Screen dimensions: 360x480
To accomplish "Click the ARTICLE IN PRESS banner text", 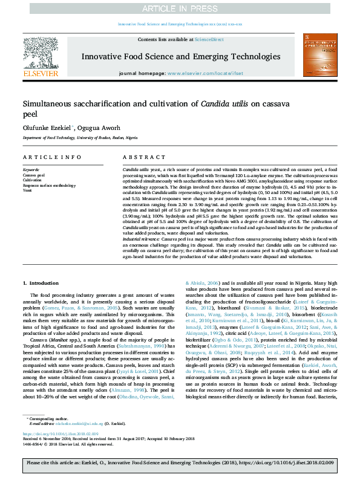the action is [x=180, y=8].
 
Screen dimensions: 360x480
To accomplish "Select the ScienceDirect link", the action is [x=209, y=39].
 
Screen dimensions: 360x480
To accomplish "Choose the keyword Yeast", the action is [x=27, y=189].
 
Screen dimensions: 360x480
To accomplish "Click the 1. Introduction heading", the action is [x=41, y=283].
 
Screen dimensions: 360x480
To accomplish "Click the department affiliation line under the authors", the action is [x=77, y=138].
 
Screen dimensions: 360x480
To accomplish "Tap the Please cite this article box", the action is [x=180, y=463].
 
